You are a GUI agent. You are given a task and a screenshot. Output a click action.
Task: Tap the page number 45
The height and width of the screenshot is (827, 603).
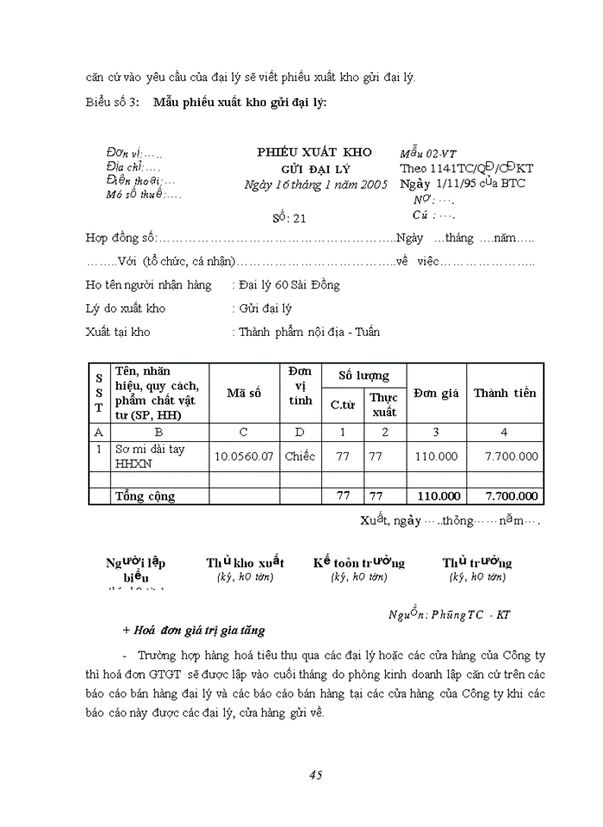coord(314,774)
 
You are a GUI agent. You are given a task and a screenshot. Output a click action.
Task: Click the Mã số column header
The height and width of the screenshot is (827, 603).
coord(244,393)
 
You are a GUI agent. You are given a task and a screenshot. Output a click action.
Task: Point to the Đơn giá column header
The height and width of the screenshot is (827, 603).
coord(436,393)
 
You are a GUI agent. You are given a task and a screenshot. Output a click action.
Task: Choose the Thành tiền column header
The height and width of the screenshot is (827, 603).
coord(505,393)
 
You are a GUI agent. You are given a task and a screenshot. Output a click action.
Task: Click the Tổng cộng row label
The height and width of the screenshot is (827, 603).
coord(146,496)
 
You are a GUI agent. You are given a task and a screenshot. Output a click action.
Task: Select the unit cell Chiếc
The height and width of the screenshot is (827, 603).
coord(300,456)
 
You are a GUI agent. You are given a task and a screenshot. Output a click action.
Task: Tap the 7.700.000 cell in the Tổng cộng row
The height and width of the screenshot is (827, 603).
coord(512,496)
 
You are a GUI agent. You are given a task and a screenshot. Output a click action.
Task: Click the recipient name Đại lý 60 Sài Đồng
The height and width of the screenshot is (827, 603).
coord(289,284)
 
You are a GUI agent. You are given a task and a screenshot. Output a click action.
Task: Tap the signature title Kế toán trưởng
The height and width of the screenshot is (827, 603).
coord(358,563)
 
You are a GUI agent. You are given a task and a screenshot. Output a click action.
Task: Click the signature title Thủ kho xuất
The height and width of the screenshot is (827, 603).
coord(245,563)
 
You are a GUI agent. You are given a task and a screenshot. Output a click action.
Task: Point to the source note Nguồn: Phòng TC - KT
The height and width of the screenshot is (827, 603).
coord(449,614)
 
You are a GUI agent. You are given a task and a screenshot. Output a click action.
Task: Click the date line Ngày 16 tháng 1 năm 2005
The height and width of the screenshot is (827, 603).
coord(316,184)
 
